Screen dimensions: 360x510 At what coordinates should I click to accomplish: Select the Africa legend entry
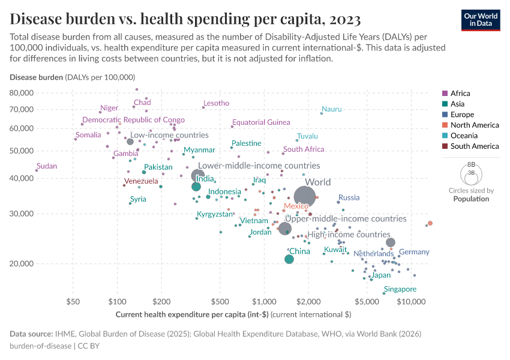coord(461,93)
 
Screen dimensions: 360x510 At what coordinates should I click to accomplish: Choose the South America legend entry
coord(474,146)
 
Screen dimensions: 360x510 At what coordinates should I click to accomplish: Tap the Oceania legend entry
coord(466,136)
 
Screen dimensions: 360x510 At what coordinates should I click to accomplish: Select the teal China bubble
coord(289,259)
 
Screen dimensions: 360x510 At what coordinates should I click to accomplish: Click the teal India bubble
coord(196,187)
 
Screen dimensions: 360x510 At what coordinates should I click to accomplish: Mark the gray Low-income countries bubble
coord(130,142)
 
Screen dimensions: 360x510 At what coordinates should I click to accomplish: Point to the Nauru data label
coord(332,109)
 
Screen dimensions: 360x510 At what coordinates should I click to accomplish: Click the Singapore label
coord(400,289)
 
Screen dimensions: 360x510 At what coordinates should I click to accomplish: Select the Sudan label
coord(47,166)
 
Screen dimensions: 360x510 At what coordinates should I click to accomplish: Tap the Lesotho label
coord(216,103)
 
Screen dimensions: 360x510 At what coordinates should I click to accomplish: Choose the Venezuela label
coord(141,181)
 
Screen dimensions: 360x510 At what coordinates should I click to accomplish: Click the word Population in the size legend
coord(471,199)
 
